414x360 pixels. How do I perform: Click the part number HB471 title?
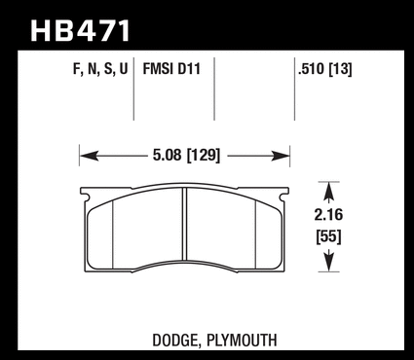(81, 31)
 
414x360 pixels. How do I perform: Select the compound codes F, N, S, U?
(100, 69)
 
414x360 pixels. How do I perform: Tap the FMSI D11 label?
(171, 69)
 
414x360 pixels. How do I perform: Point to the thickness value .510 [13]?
(325, 69)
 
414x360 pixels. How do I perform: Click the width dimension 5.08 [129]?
(186, 156)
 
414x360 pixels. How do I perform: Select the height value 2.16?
(328, 215)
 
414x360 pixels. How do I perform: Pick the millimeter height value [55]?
(329, 237)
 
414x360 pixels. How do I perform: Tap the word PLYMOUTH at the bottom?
(242, 341)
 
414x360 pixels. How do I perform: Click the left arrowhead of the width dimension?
(89, 156)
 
